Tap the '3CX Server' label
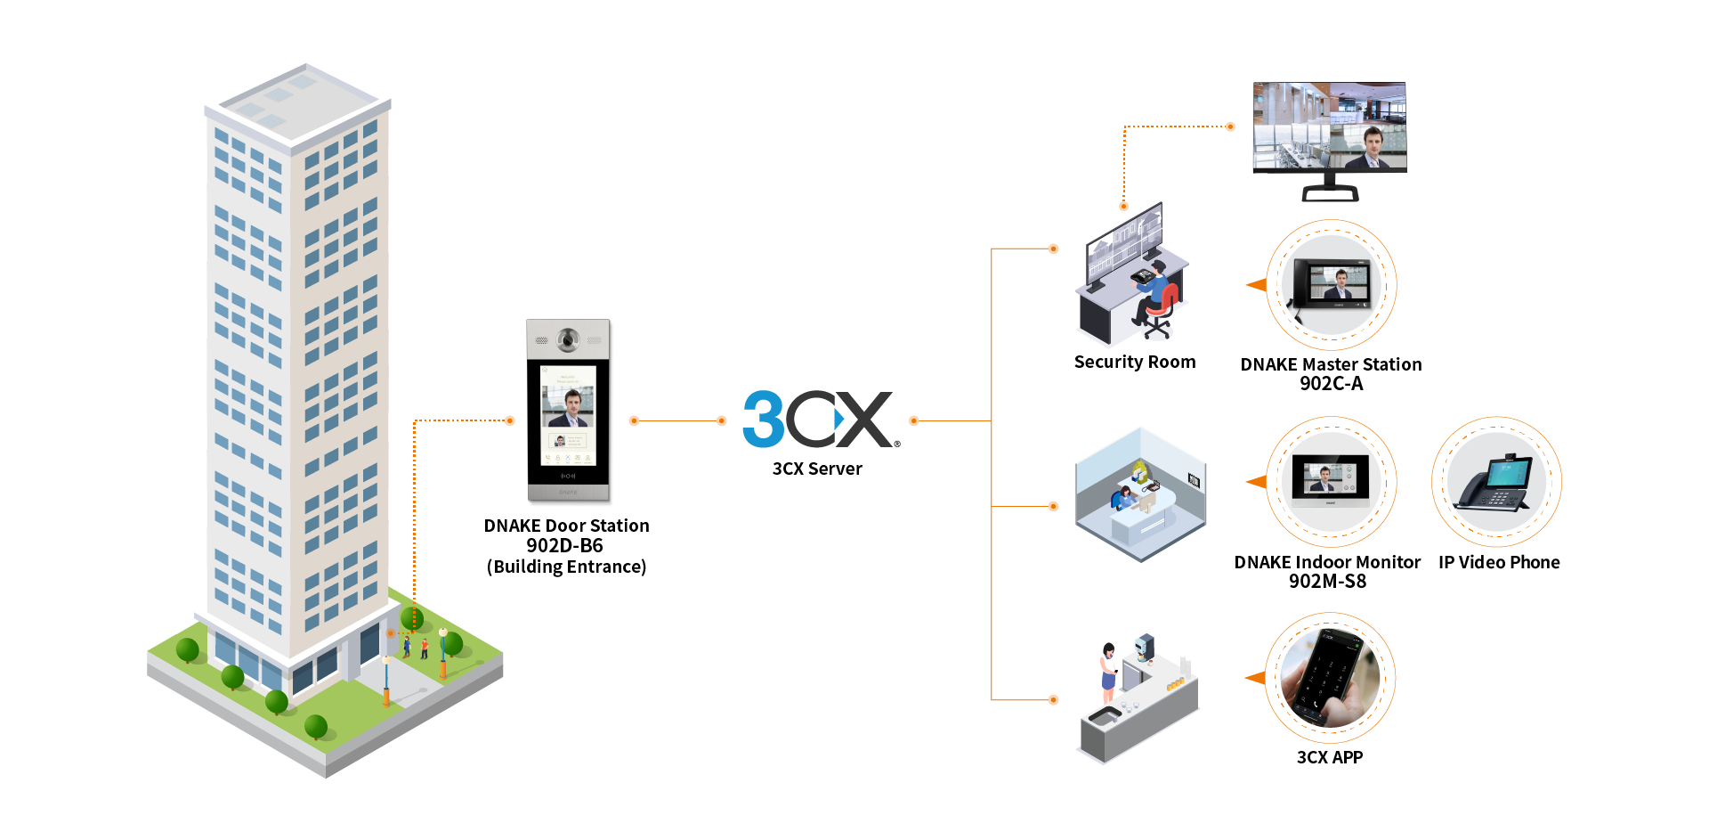(816, 469)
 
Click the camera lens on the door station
(568, 339)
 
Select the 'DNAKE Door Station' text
(566, 526)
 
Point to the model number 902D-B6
(564, 545)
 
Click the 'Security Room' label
(1134, 362)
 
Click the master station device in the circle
(1332, 284)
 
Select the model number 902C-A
(1331, 383)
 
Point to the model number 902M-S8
(1327, 581)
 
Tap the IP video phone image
(1495, 482)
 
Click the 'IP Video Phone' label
(1499, 562)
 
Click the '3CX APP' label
(1329, 757)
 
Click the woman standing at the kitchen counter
(1108, 673)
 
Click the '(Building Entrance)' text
(566, 567)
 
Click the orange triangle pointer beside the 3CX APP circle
(1255, 678)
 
